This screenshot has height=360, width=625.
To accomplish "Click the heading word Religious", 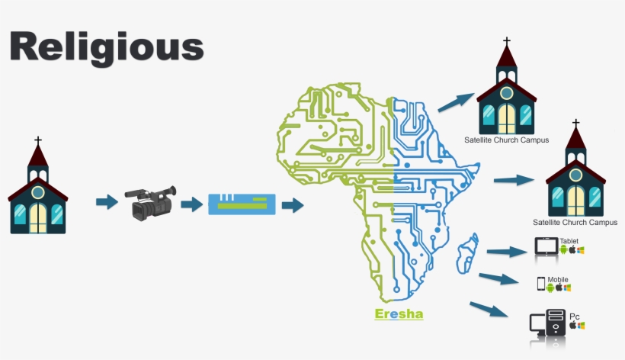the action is (107, 47).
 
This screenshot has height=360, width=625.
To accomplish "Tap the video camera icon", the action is (151, 203).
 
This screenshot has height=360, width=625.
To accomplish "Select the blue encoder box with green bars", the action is (242, 204).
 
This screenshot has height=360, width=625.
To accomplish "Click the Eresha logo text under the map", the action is (399, 314).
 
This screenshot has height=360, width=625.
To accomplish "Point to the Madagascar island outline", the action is (467, 254).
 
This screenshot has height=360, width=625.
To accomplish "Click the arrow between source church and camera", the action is (107, 201).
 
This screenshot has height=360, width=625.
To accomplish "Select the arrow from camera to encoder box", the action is (192, 204).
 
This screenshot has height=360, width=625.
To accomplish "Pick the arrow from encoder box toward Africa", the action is (293, 205).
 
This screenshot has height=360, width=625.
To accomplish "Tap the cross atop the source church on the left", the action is (38, 141).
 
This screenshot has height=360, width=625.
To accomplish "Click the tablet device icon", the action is (546, 247).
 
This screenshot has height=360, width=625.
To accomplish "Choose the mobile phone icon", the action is (541, 284).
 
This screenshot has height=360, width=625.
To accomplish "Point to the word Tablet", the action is (569, 241).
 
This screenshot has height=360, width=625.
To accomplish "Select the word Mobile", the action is (558, 280).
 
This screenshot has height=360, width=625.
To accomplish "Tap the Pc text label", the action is (575, 317).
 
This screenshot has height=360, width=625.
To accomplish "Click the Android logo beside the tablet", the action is (563, 249).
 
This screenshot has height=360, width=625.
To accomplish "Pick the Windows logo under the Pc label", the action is (581, 326).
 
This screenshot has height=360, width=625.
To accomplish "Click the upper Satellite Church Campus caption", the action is (507, 140).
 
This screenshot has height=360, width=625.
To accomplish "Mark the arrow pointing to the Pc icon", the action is (489, 310).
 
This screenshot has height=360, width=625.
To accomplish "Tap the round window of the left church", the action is (38, 192).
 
